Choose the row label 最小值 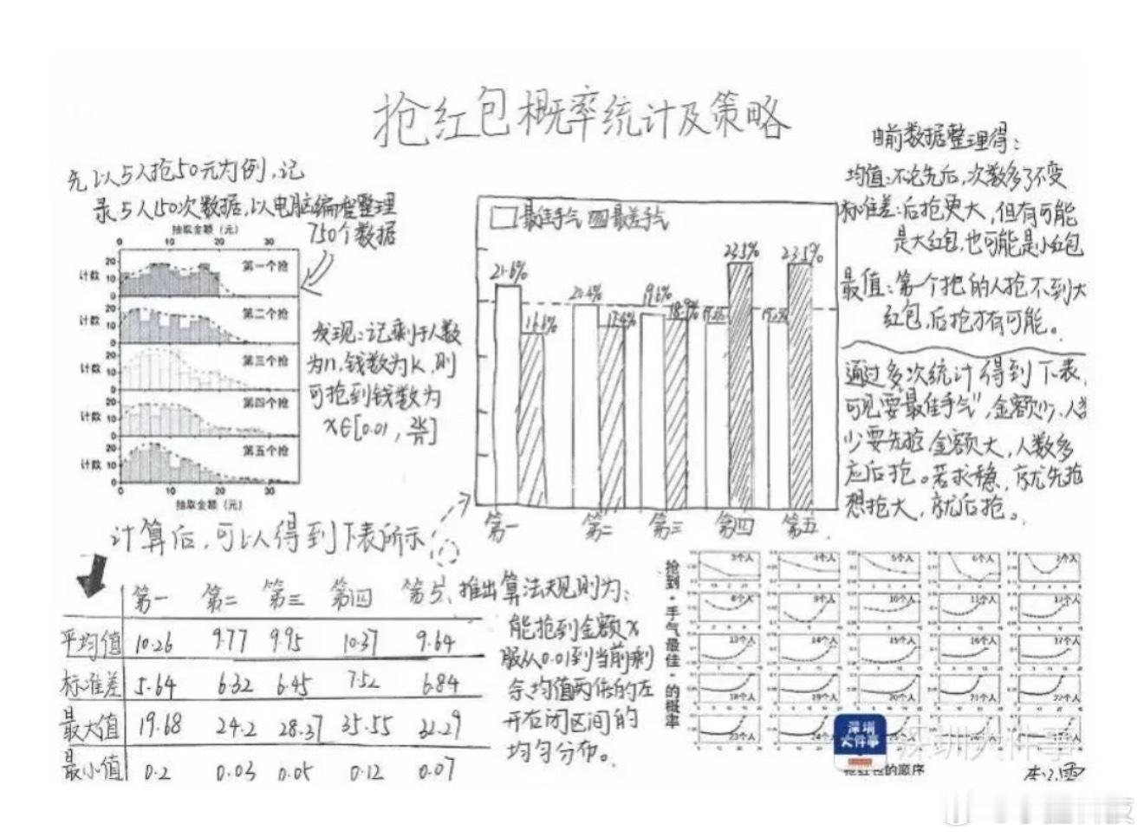(x=92, y=768)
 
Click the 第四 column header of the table (x=351, y=597)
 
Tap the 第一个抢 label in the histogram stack (x=264, y=267)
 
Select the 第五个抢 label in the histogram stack (x=265, y=451)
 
